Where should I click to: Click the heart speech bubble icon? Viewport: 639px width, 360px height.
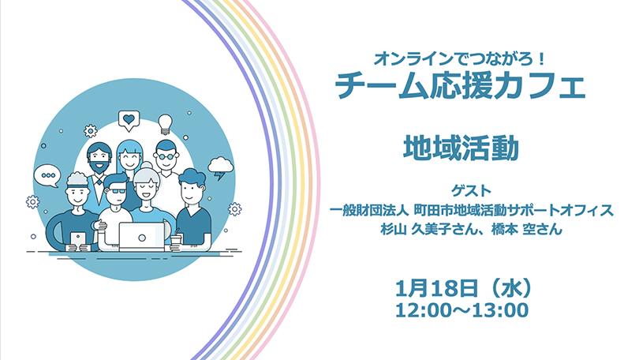click(x=129, y=121)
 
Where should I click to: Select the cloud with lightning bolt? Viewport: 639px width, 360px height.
click(x=220, y=168)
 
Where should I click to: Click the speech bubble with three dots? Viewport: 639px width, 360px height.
click(x=47, y=176)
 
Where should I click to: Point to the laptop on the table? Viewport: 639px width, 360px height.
click(x=142, y=237)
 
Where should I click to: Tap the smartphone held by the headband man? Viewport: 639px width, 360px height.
click(x=78, y=240)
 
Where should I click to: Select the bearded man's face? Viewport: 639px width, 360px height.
click(x=99, y=157)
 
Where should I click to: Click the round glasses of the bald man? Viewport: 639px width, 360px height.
click(x=166, y=156)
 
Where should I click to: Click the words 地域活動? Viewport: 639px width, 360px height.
click(x=461, y=148)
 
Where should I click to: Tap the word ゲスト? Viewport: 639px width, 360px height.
click(x=471, y=190)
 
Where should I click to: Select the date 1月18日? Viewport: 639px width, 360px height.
click(x=436, y=289)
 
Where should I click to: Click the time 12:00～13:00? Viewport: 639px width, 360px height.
click(x=462, y=311)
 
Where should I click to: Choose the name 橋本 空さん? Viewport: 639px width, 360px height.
click(x=526, y=230)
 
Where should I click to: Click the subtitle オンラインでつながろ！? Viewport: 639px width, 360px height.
click(x=460, y=60)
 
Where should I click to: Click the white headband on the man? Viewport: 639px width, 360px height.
click(x=77, y=182)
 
